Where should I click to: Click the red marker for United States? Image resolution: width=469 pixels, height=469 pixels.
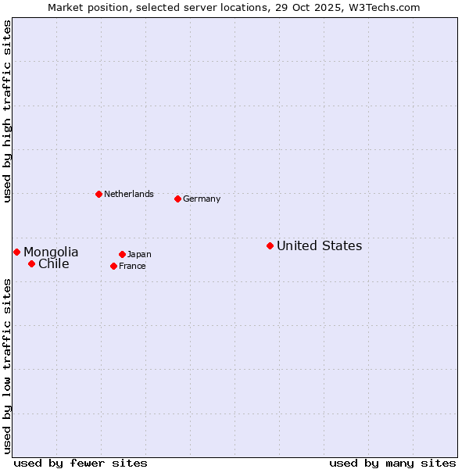[270, 245]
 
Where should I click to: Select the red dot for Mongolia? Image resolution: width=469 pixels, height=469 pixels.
[16, 252]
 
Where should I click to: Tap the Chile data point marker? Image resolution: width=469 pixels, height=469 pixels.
[31, 263]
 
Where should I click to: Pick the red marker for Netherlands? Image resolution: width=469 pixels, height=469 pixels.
[98, 194]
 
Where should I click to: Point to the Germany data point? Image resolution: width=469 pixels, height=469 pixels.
[177, 199]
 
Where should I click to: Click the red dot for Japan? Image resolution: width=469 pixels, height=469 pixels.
[122, 254]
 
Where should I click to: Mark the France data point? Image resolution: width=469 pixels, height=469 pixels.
[113, 266]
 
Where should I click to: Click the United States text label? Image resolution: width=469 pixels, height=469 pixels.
[319, 246]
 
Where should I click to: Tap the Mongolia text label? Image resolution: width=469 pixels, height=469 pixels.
[51, 252]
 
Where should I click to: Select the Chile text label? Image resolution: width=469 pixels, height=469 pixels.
[54, 264]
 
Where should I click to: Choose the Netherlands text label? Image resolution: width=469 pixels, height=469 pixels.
[129, 194]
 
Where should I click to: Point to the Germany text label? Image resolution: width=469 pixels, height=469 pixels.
[202, 199]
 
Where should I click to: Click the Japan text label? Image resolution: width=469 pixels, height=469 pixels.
[139, 255]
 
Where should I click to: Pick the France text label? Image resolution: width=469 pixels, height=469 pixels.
[132, 267]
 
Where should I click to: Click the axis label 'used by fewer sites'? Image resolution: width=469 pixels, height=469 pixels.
[81, 463]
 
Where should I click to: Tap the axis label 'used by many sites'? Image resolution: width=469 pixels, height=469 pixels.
[392, 463]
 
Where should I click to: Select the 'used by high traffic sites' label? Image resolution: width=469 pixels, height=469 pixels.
[7, 111]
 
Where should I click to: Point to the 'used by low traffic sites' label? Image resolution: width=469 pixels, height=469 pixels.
[7, 365]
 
